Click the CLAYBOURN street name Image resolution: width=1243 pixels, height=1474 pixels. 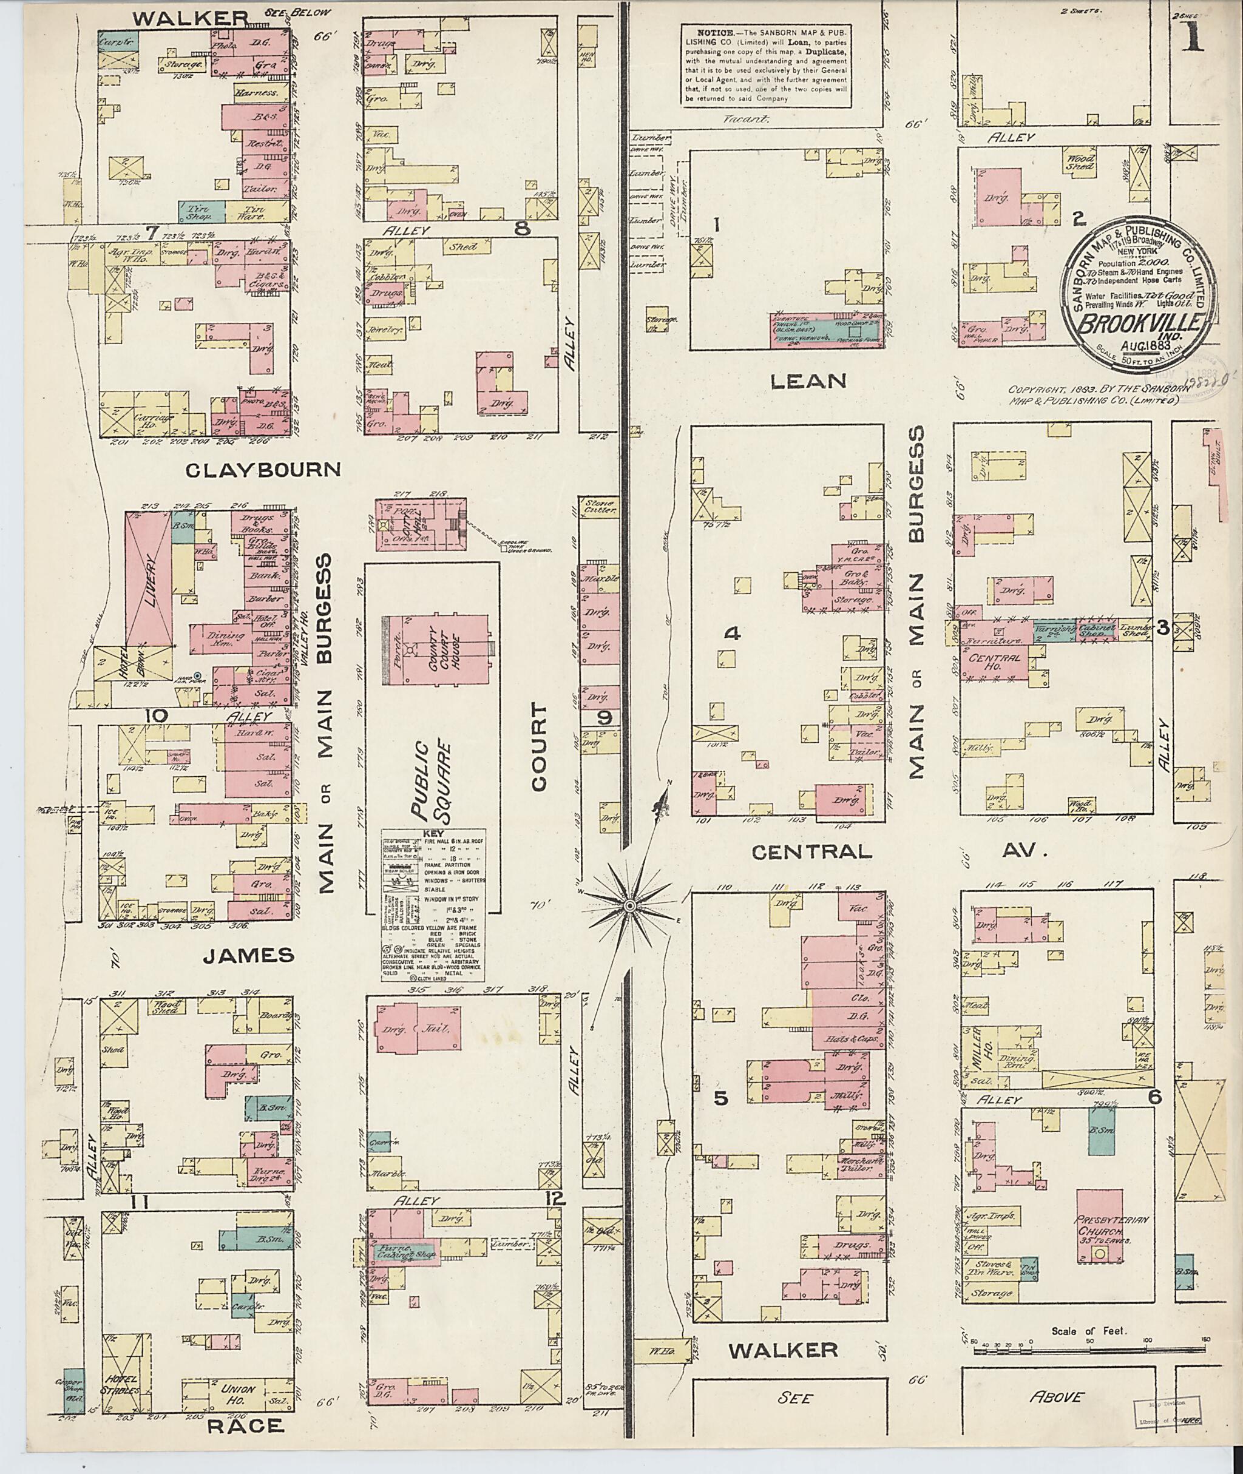click(263, 470)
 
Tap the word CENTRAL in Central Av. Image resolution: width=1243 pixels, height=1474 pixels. click(811, 852)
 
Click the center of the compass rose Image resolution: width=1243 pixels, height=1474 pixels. click(629, 904)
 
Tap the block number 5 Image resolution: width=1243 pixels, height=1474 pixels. click(720, 1098)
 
